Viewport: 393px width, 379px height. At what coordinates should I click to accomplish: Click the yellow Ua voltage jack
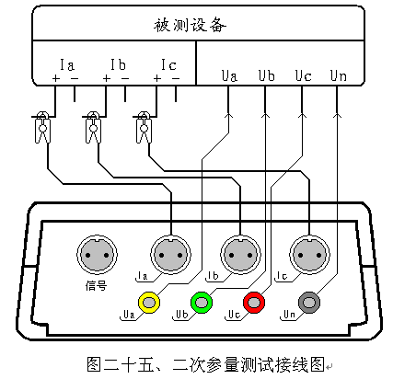(149, 303)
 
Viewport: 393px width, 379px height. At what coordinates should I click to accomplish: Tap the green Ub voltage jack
(202, 303)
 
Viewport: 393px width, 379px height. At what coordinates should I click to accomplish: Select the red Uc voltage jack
(254, 303)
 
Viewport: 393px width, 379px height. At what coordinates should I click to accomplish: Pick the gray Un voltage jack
(309, 303)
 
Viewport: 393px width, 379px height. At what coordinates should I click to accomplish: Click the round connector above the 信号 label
(97, 255)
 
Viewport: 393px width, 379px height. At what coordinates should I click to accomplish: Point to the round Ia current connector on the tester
(170, 255)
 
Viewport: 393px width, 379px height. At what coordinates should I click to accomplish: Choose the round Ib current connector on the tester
(240, 255)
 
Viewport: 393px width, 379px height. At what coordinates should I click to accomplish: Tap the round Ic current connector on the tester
(309, 255)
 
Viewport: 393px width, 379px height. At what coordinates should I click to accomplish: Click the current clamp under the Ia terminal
(42, 127)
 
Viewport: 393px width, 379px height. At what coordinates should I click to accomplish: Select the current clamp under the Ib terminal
(93, 127)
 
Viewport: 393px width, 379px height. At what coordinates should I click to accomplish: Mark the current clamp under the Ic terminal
(144, 127)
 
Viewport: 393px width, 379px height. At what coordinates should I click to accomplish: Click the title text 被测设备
(190, 25)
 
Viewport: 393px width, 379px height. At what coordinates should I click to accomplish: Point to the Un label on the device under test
(339, 75)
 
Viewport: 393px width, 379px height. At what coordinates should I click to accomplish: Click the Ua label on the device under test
(229, 75)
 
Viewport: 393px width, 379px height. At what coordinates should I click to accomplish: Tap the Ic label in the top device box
(168, 64)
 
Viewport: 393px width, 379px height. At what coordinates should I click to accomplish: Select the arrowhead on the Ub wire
(265, 115)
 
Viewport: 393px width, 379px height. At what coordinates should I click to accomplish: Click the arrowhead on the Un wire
(337, 115)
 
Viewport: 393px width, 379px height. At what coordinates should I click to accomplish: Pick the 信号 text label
(96, 286)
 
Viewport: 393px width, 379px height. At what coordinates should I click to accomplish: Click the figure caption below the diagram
(205, 364)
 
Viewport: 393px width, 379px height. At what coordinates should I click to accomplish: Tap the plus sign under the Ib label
(106, 78)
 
